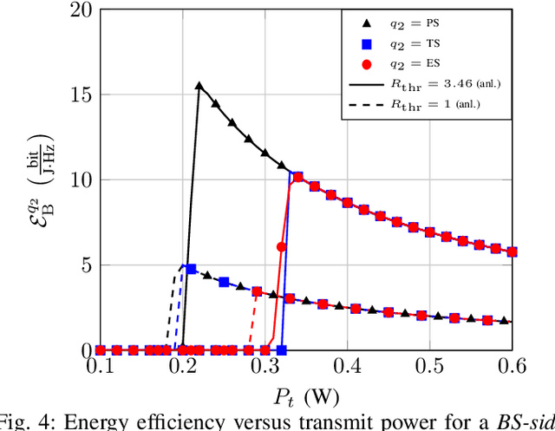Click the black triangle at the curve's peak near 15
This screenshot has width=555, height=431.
(199, 86)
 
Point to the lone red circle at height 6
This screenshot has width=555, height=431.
(281, 247)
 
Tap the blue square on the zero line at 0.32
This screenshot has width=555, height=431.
(281, 350)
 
